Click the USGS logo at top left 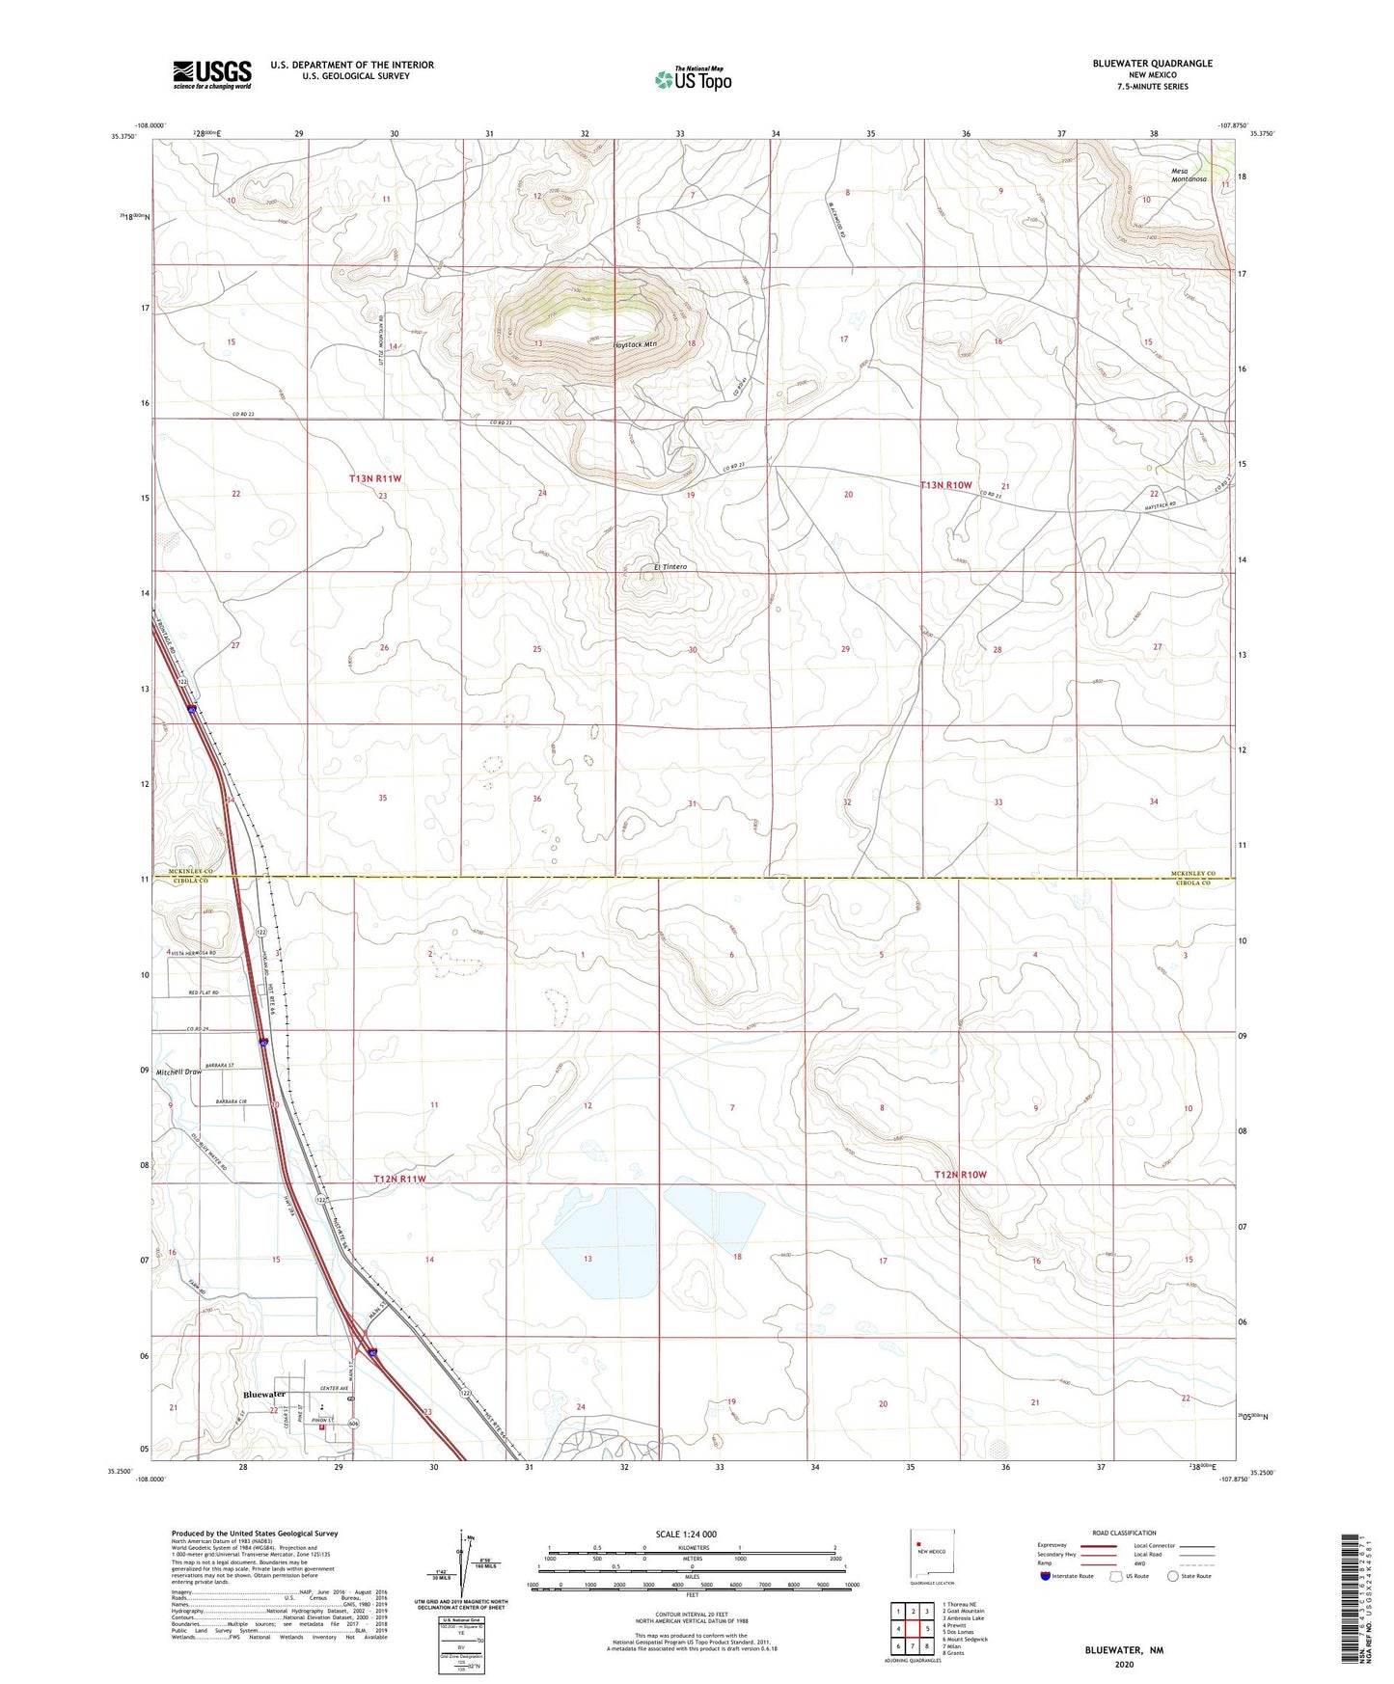pos(212,73)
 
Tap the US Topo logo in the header pos(693,79)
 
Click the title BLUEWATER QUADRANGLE pos(1152,64)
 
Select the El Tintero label pos(670,567)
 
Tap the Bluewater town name pos(264,1395)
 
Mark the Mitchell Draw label pos(178,1072)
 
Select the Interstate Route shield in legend pos(1046,1577)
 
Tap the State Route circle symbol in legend pos(1173,1577)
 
